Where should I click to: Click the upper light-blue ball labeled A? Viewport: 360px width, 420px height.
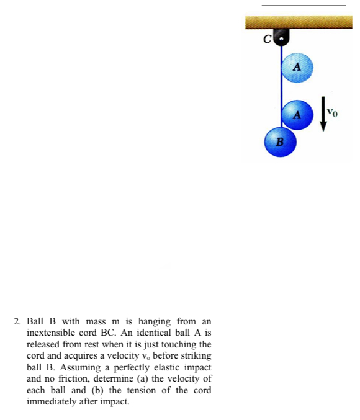point(297,66)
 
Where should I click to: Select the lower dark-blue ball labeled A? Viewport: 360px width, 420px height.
point(298,114)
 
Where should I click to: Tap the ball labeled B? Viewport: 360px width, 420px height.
point(280,141)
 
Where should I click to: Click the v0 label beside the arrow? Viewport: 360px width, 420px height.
point(333,112)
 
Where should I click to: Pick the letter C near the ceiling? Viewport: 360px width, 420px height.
point(268,40)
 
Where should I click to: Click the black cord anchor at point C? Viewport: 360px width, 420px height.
point(282,38)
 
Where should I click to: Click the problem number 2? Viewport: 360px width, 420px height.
point(17,321)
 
